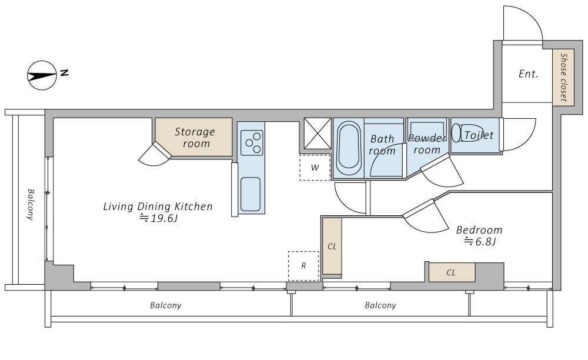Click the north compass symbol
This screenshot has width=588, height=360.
(42, 75)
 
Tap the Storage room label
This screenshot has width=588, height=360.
(195, 137)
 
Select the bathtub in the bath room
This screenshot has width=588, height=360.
(349, 148)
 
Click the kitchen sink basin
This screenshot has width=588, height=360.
(250, 194)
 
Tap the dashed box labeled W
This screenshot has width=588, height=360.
(315, 167)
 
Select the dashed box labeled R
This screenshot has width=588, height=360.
(303, 266)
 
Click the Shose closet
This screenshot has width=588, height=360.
(563, 77)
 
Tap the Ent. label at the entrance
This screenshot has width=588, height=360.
(529, 74)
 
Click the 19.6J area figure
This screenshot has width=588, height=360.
(159, 218)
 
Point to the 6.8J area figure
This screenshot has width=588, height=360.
(480, 242)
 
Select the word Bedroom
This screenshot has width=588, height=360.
(479, 229)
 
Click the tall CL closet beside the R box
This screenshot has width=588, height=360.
(332, 246)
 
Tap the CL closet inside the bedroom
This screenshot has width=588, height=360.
(452, 272)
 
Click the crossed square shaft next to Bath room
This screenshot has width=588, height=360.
(318, 134)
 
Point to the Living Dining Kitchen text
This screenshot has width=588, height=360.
(158, 206)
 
